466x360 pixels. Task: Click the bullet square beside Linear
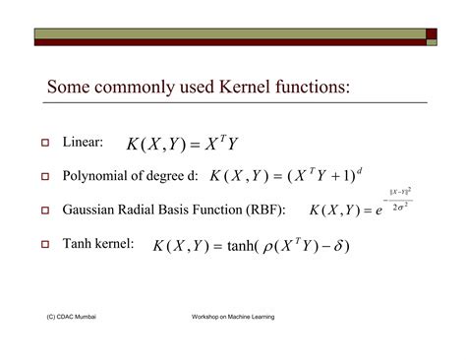44,144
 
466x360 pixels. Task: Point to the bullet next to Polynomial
44,177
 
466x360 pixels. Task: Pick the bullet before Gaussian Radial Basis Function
44,210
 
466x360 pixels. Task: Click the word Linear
83,143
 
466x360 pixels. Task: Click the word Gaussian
92,210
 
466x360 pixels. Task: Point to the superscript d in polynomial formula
360,169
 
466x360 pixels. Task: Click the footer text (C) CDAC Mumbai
70,318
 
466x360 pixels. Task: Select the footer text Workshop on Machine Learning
233,318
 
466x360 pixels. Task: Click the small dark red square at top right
432,32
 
